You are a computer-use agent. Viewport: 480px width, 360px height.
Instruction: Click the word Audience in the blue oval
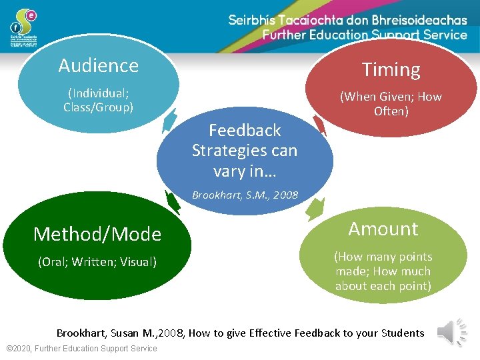point(99,65)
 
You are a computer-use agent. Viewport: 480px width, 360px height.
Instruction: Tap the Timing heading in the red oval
point(391,69)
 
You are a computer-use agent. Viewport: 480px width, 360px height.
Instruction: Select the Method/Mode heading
point(97,234)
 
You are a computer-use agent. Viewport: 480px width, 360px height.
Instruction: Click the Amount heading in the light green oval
point(383,229)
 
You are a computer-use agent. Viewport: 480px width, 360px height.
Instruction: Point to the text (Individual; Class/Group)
point(99,100)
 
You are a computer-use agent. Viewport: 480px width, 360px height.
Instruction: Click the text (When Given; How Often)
point(391,103)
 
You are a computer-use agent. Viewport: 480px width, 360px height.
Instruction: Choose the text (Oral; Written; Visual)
point(97,262)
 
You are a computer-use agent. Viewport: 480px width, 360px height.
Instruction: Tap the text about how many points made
point(383,271)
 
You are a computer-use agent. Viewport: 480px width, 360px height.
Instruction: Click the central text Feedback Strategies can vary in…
point(245,150)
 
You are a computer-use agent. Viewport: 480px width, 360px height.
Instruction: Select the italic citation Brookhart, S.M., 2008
point(245,195)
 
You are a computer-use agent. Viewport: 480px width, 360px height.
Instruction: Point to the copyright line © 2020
point(81,349)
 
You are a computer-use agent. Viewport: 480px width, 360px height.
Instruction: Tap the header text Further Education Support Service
point(365,35)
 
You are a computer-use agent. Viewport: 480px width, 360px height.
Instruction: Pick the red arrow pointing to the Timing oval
point(319,125)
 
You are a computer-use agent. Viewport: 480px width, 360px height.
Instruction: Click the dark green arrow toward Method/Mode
point(173,202)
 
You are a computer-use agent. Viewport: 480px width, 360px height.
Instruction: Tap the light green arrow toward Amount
point(314,209)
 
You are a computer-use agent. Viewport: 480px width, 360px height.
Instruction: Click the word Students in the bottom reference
point(402,333)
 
